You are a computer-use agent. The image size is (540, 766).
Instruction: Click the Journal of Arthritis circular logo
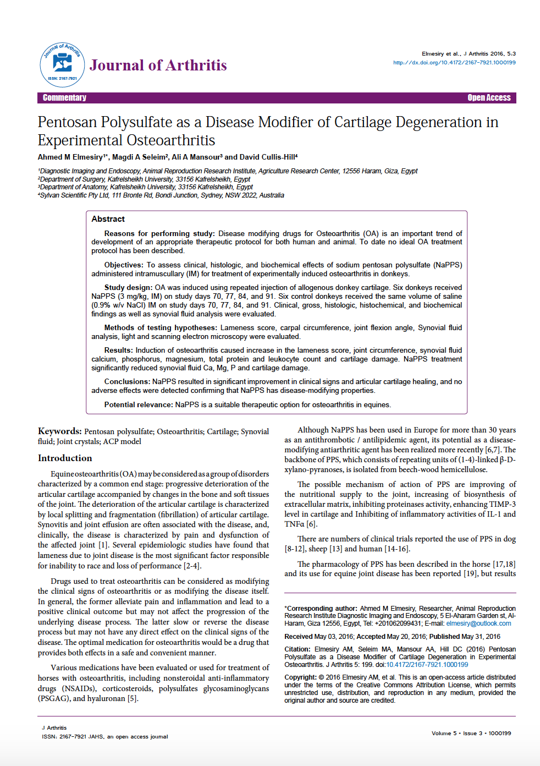(62, 64)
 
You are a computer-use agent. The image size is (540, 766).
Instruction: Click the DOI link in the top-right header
(454, 63)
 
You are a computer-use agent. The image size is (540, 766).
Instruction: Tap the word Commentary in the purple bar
(64, 98)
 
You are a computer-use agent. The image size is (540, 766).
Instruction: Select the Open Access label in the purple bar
(489, 98)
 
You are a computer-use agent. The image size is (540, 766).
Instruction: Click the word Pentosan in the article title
(67, 122)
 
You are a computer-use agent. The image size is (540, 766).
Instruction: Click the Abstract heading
(108, 219)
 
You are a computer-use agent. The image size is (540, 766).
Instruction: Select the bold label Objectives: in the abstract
(124, 265)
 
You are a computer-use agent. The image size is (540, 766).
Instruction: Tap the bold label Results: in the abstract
(118, 350)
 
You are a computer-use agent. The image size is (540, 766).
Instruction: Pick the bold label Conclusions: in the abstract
(127, 381)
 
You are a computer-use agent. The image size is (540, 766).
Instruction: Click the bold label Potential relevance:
(139, 404)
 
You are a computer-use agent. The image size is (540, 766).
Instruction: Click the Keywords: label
(59, 431)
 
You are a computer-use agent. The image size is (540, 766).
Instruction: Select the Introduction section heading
(65, 458)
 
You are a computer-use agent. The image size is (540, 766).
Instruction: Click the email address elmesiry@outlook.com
(478, 623)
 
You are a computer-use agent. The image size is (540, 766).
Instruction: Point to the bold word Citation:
(297, 649)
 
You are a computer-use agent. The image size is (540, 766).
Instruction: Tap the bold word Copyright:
(300, 677)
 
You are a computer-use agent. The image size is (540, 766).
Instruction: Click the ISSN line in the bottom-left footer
(104, 736)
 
